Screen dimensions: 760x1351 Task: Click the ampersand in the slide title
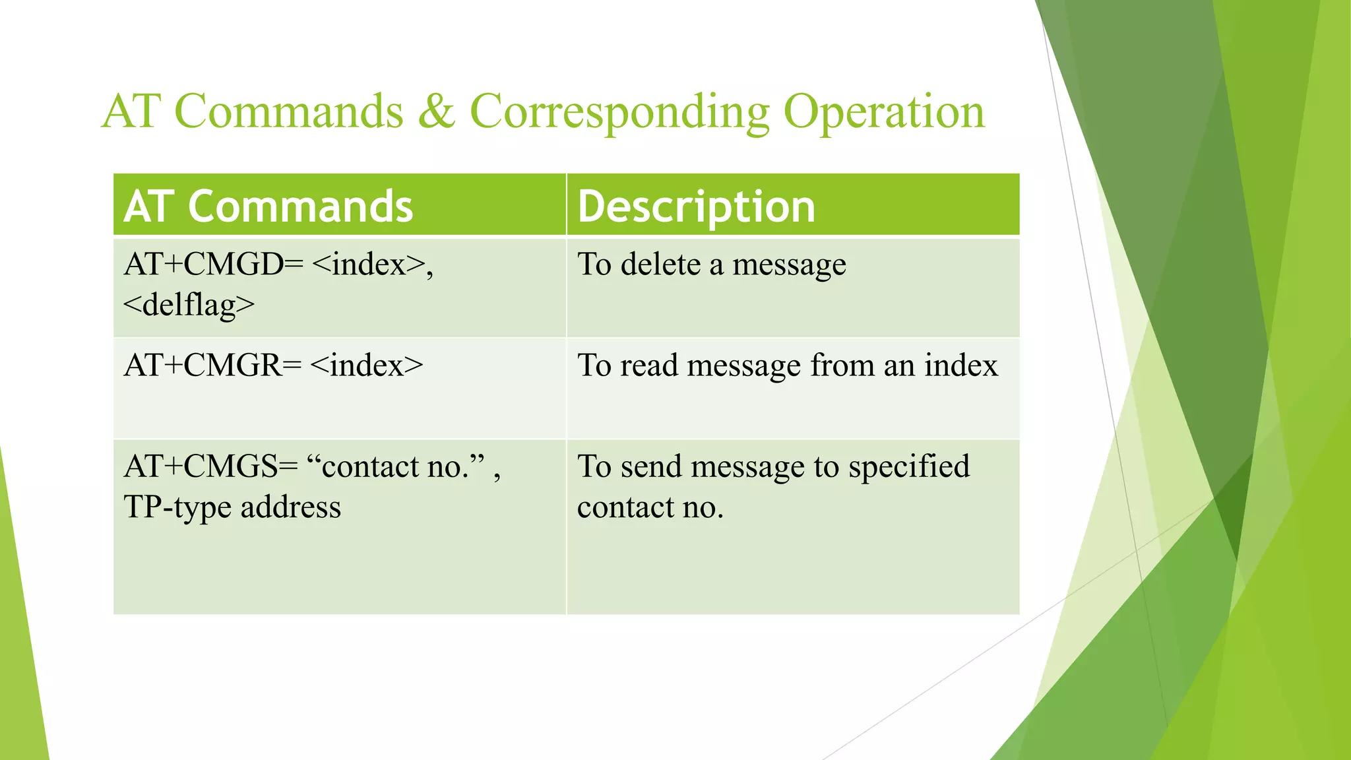click(x=436, y=111)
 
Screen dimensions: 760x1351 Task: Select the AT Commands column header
click(x=268, y=206)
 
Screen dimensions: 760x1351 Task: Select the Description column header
click(x=696, y=206)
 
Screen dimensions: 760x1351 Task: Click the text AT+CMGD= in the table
click(x=213, y=265)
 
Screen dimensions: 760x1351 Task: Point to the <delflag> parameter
click(x=189, y=305)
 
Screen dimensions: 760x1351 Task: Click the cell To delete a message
click(x=711, y=265)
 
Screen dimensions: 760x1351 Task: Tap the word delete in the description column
click(x=660, y=265)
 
